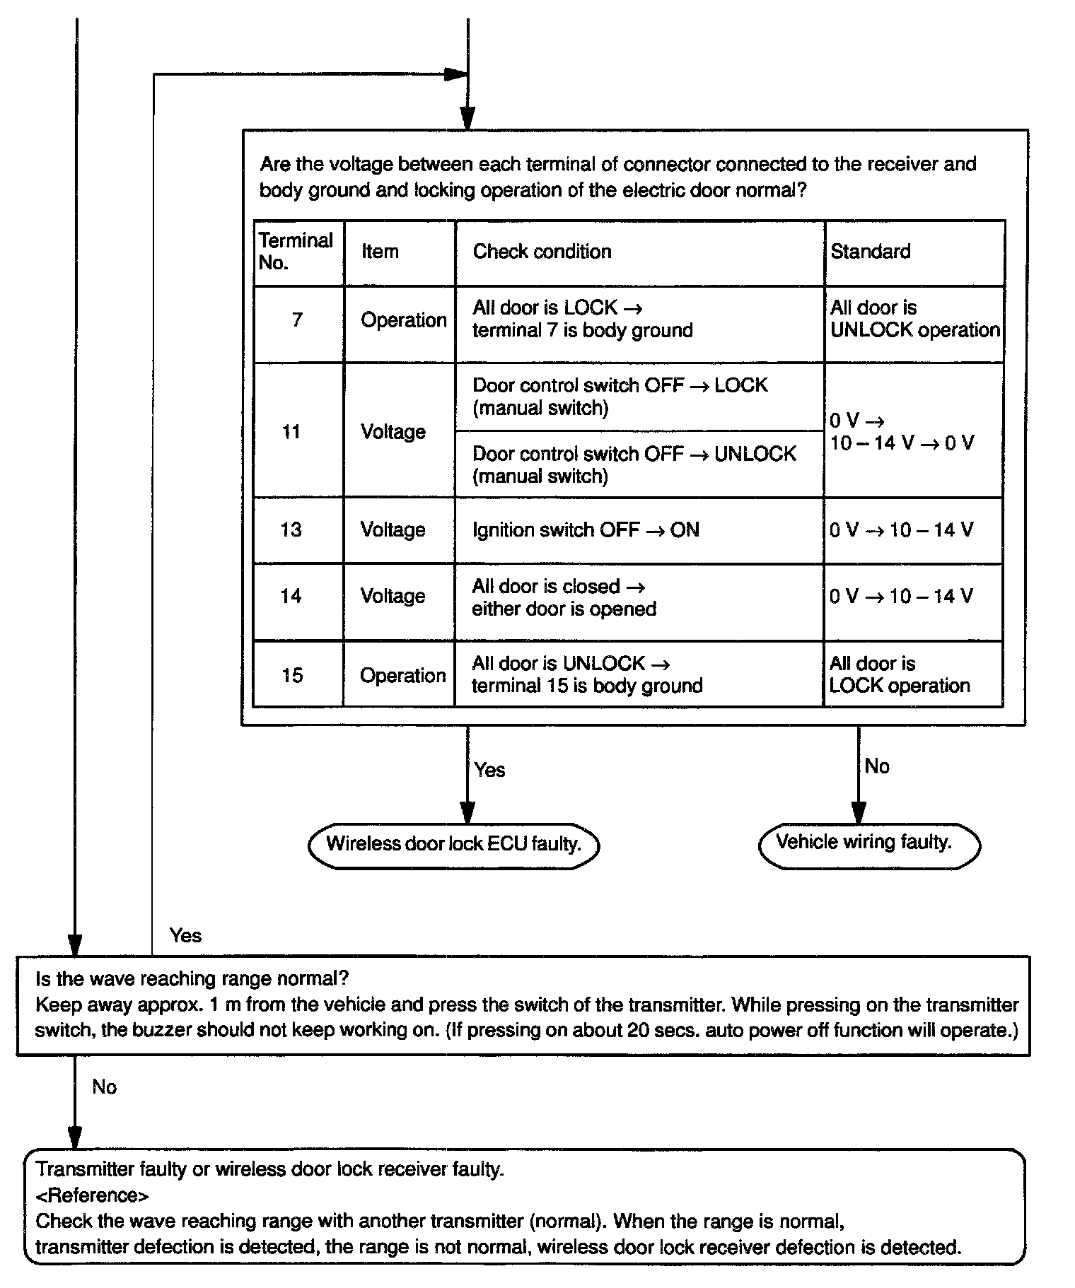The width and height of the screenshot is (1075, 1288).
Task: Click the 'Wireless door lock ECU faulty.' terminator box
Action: click(454, 845)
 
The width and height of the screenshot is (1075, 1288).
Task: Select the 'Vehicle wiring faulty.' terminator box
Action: click(868, 843)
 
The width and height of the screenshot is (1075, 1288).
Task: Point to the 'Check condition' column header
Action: click(542, 252)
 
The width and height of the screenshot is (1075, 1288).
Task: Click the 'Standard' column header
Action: click(871, 252)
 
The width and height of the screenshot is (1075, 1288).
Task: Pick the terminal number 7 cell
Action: click(298, 321)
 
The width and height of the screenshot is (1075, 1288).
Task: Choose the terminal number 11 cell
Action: click(292, 432)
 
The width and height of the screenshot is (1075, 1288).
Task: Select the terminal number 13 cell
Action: click(291, 530)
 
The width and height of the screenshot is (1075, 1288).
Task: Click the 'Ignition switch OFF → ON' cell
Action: click(586, 530)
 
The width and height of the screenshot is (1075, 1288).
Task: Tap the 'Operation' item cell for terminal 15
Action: click(402, 676)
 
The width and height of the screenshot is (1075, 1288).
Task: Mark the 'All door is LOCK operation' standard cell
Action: click(900, 675)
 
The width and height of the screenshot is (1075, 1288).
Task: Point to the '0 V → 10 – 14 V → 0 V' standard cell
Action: click(901, 432)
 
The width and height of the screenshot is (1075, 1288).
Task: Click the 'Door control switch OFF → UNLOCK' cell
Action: click(634, 464)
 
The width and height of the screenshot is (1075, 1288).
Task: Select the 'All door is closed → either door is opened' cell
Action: click(564, 598)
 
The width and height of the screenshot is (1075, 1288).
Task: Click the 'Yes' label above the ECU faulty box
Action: click(489, 770)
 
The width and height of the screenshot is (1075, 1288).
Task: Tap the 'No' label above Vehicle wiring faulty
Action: click(877, 767)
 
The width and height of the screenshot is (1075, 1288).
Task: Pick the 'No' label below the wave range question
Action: click(104, 1087)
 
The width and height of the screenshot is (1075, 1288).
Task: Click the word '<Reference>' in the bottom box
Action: click(92, 1195)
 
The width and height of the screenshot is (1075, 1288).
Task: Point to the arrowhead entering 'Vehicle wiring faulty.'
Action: click(859, 814)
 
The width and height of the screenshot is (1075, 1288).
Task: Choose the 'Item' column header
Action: click(380, 252)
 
